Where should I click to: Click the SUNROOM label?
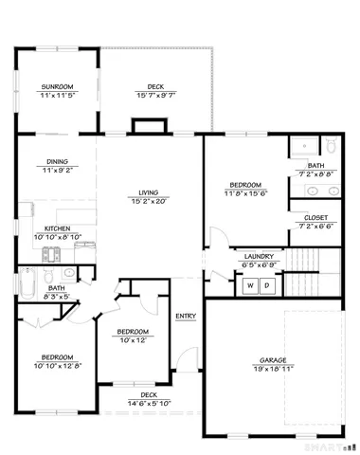(56, 85)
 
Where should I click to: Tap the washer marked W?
(251, 284)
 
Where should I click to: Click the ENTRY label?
(185, 316)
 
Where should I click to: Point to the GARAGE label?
(275, 360)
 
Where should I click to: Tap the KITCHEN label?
(59, 228)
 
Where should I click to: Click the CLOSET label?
(316, 218)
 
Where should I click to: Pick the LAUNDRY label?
(259, 256)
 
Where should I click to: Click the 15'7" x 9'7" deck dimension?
(155, 95)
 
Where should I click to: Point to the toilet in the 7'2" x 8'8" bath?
(332, 147)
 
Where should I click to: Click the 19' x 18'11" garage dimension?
(275, 368)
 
